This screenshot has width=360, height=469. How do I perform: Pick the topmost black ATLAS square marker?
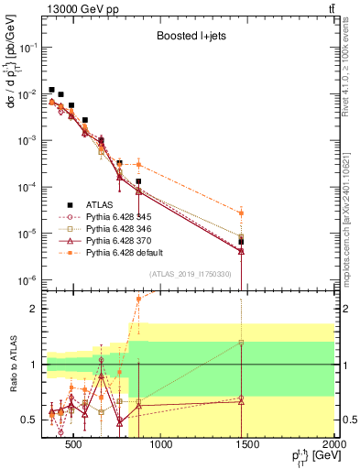click(52, 90)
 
